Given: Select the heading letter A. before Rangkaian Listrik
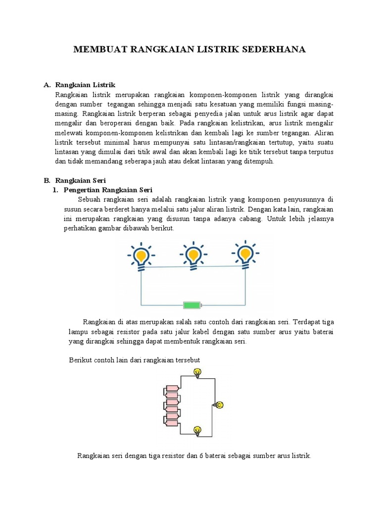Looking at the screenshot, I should tap(47, 85).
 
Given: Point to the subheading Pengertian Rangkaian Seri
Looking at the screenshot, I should tap(108, 190).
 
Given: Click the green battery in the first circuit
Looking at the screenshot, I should tap(192, 304).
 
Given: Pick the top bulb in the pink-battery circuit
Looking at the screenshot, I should tap(197, 372).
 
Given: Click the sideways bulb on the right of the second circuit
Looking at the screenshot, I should tap(219, 405).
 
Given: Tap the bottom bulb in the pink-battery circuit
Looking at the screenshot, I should tap(197, 430).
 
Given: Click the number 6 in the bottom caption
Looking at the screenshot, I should tap(201, 456).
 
